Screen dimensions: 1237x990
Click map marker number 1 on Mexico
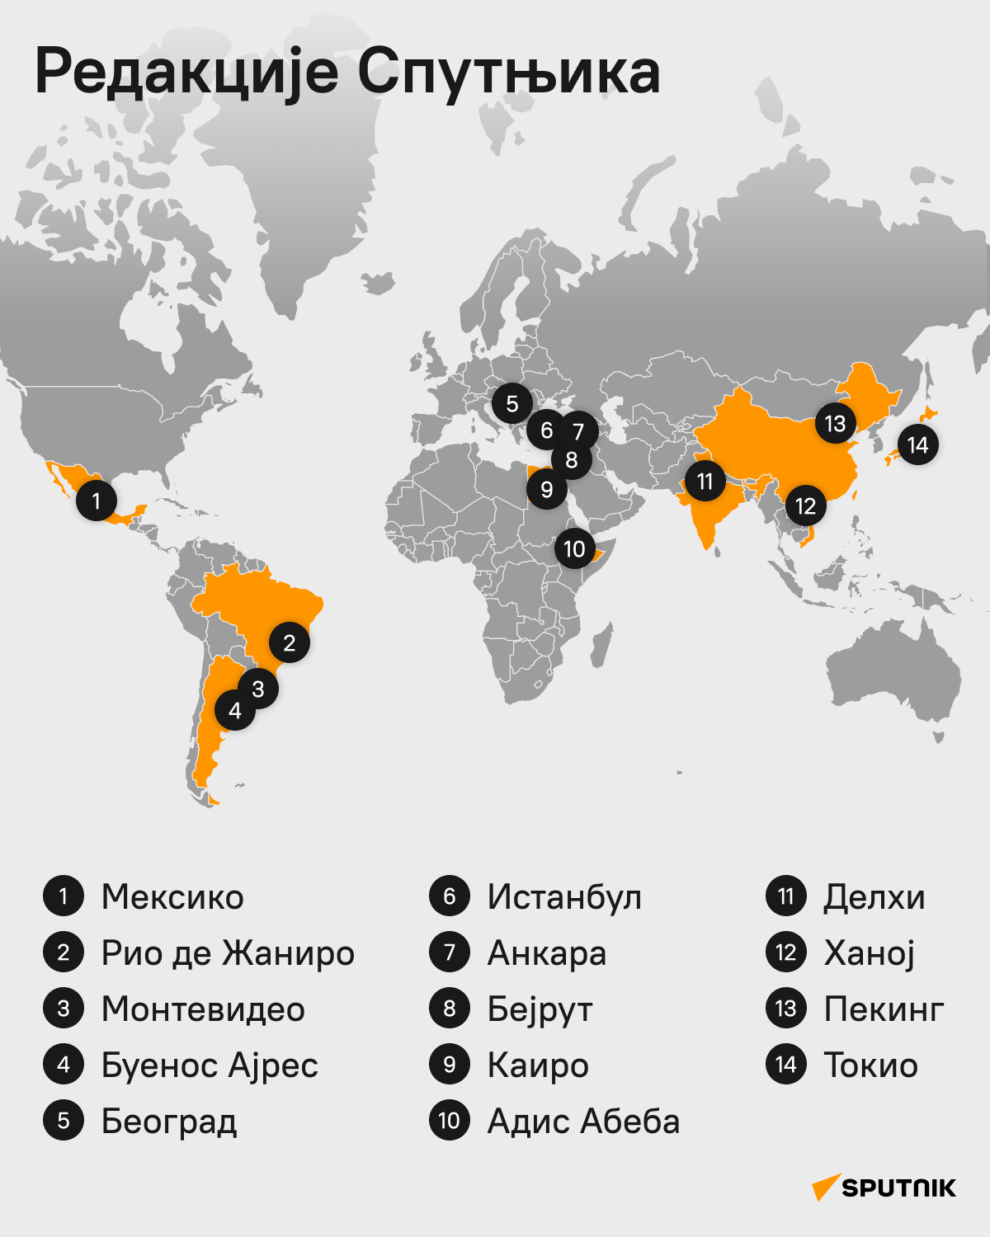[97, 501]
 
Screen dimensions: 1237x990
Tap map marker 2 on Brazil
[289, 643]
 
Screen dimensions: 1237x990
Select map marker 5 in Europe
[512, 404]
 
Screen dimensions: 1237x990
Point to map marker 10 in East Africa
[574, 548]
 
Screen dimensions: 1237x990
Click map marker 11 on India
[705, 481]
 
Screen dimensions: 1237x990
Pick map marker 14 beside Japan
[917, 445]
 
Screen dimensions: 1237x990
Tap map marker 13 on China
[835, 424]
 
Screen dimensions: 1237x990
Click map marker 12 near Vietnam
[805, 506]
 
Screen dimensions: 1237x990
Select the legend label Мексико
[172, 896]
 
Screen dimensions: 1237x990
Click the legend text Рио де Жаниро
[228, 952]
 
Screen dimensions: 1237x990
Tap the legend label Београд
[169, 1122]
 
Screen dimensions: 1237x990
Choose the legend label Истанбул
[564, 896]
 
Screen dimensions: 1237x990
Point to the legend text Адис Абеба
[583, 1122]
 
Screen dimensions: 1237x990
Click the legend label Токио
[870, 1065]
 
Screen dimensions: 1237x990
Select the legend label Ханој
[870, 953]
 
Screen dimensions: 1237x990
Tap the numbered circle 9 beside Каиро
[450, 1065]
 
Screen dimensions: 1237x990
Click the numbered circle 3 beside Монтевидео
[64, 1009]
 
